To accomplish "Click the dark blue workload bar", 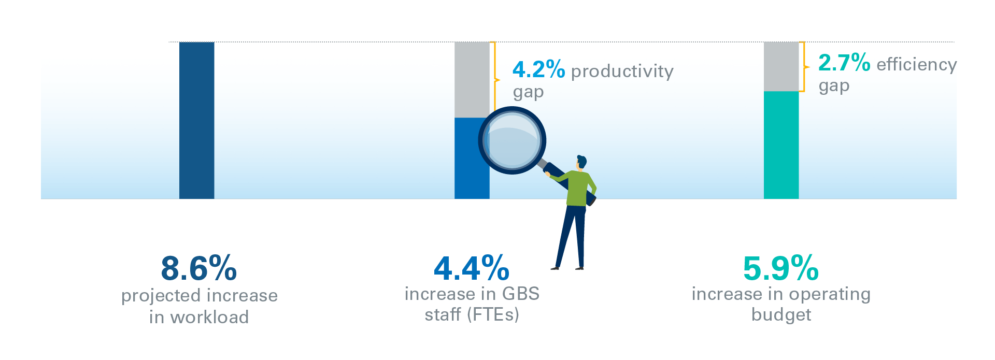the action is tap(196, 120).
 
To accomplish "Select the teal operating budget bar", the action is tap(781, 145).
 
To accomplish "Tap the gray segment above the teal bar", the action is tap(781, 67).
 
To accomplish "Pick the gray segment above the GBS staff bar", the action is tap(472, 80).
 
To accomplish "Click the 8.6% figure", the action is tap(199, 268).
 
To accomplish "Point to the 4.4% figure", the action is tap(472, 268).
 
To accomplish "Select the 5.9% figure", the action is tap(781, 268).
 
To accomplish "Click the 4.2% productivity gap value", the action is tap(539, 69).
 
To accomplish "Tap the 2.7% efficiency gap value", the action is tap(844, 63).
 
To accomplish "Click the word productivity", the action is tap(622, 71).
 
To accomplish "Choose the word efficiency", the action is tap(917, 65).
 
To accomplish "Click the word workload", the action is tap(210, 317).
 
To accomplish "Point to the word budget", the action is tap(781, 315).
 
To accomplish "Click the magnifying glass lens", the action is tap(512, 140).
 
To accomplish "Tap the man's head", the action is tap(581, 162).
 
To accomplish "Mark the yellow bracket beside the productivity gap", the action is tap(495, 80).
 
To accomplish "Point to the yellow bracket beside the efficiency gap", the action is tap(804, 67).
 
